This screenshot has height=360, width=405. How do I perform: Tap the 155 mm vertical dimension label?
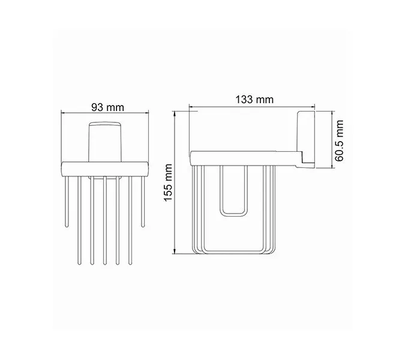click(x=169, y=183)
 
